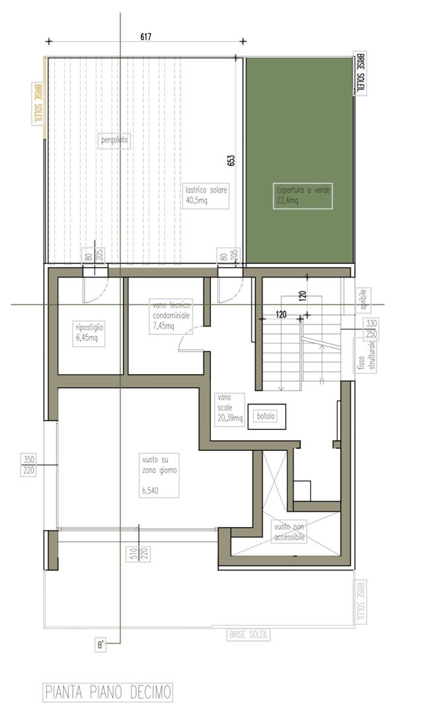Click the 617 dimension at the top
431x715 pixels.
[146, 37]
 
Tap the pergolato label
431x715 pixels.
[115, 140]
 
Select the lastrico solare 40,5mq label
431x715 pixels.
[206, 195]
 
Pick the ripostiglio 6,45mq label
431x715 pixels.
[89, 333]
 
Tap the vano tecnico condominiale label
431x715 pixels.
[171, 316]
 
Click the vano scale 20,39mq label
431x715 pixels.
[229, 408]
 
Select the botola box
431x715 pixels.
[266, 416]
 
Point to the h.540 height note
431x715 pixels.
[151, 491]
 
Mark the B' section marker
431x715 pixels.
[100, 645]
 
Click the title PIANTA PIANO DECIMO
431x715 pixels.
[108, 692]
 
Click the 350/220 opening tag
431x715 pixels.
[28, 465]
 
